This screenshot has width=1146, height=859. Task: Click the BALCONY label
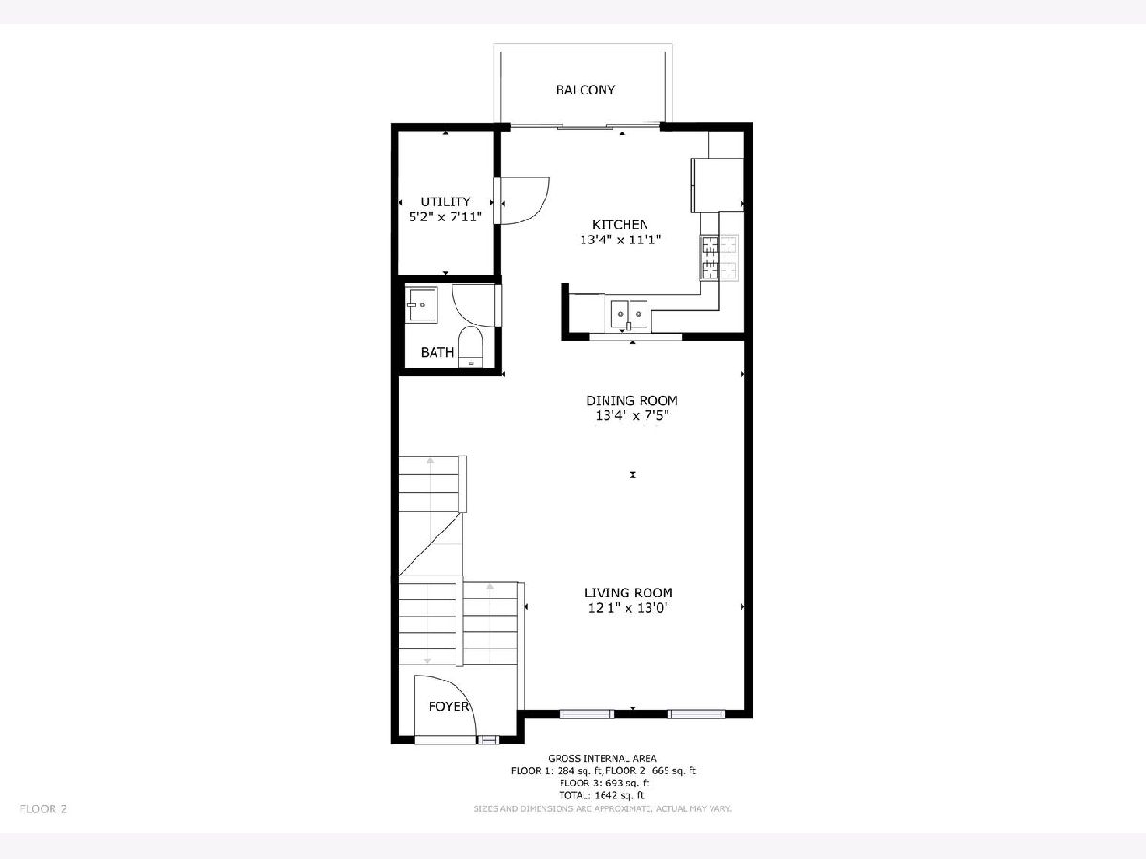[x=585, y=90]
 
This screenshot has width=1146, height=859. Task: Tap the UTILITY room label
[x=445, y=201]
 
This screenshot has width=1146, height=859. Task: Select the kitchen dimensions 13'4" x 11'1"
[x=620, y=240]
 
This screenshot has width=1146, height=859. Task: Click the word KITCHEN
[x=620, y=225]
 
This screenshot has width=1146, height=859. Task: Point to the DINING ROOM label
[x=632, y=401]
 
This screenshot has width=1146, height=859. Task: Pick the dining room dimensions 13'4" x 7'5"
[x=632, y=416]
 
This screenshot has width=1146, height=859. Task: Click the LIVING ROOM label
[x=628, y=593]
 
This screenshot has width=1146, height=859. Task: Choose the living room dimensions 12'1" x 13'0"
[x=628, y=608]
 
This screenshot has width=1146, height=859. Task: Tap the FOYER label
[x=449, y=706]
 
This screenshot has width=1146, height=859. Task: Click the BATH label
[x=437, y=352]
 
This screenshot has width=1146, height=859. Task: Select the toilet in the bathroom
[x=471, y=347]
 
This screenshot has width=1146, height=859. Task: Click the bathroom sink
[x=421, y=305]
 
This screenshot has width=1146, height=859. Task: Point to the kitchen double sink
[x=629, y=315]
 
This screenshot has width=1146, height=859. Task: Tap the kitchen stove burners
[x=719, y=258]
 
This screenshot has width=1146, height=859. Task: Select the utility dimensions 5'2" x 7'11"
[x=445, y=217]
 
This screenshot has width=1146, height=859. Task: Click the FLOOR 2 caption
[x=43, y=809]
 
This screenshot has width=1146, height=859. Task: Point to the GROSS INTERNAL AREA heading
[x=603, y=759]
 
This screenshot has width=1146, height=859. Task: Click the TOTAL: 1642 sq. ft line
[x=602, y=795]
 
